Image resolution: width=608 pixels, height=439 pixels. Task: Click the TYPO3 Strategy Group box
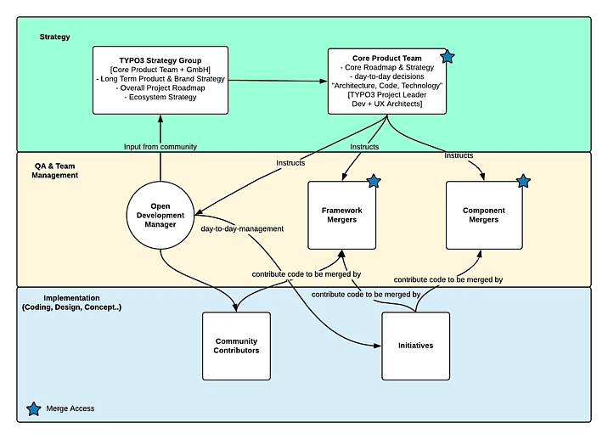pos(160,80)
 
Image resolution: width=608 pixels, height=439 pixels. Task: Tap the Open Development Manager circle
pos(160,216)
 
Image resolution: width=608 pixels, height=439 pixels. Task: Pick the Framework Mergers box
pos(342,215)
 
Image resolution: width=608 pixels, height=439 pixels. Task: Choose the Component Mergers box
pos(483,215)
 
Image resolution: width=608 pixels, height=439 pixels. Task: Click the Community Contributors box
pos(236,346)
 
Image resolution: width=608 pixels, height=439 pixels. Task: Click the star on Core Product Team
pos(448,57)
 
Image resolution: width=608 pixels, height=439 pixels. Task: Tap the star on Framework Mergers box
pos(373,181)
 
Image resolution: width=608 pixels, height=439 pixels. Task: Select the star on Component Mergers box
pos(523,181)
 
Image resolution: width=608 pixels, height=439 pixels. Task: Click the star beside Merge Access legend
pos(33,409)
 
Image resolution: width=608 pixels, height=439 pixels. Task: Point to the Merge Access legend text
pos(71,409)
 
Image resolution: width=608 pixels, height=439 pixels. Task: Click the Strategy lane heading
pos(55,37)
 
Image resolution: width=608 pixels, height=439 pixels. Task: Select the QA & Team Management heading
pos(51,170)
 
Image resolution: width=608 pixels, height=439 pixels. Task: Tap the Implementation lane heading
pos(72,303)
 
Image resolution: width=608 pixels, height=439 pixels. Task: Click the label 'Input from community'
pos(160,147)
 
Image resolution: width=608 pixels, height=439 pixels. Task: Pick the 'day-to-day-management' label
pos(242,229)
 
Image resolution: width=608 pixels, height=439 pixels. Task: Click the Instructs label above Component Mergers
pos(459,155)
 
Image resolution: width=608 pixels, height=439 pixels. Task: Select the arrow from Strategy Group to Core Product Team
pos(278,81)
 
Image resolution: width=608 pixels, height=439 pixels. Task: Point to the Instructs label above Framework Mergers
pos(364,147)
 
